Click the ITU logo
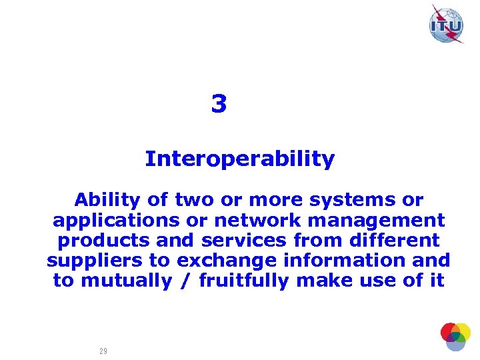(x=447, y=25)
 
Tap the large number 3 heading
(x=219, y=105)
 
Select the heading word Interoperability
(x=239, y=159)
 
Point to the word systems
(x=349, y=200)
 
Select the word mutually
(x=126, y=281)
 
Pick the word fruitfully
(x=244, y=281)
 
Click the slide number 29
(x=103, y=351)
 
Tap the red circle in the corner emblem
(x=449, y=331)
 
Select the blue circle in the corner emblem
(x=455, y=343)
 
